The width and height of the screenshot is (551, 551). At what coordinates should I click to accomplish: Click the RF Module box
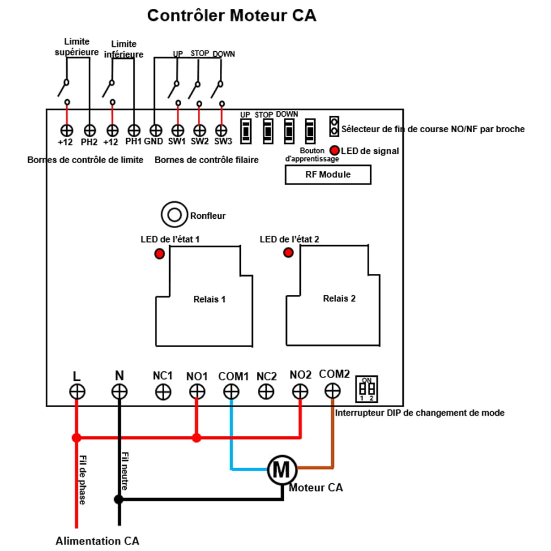pyautogui.click(x=328, y=175)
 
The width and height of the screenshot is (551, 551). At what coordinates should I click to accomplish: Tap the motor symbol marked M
pyautogui.click(x=281, y=469)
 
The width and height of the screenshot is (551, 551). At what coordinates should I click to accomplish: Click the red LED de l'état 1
pyautogui.click(x=159, y=254)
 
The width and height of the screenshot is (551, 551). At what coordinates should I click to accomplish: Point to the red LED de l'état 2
pyautogui.click(x=288, y=253)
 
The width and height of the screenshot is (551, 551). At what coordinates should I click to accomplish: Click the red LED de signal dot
pyautogui.click(x=334, y=150)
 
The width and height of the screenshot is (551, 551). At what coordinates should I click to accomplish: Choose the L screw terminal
pyautogui.click(x=77, y=392)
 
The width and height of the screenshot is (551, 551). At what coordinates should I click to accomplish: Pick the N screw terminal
pyautogui.click(x=119, y=392)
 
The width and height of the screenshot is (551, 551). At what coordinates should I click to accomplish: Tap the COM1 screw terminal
pyautogui.click(x=231, y=392)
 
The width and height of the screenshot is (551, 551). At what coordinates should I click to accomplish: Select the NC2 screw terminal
pyautogui.click(x=266, y=392)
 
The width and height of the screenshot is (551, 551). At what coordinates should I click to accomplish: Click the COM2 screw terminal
pyautogui.click(x=332, y=391)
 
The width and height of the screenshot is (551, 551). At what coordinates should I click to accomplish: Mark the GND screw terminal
pyautogui.click(x=156, y=131)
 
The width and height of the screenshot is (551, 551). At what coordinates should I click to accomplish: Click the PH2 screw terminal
pyautogui.click(x=89, y=131)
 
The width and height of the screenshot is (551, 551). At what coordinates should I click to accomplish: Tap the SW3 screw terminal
pyautogui.click(x=222, y=131)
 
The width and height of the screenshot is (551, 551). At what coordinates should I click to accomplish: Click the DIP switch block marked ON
pyautogui.click(x=366, y=389)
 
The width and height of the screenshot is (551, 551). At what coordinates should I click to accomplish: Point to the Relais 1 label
pyautogui.click(x=209, y=300)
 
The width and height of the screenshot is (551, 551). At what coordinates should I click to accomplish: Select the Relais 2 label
pyautogui.click(x=339, y=298)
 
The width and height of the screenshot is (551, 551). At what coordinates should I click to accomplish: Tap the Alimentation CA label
pyautogui.click(x=97, y=541)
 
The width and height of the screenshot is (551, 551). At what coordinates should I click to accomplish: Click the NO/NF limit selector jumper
pyautogui.click(x=334, y=127)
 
